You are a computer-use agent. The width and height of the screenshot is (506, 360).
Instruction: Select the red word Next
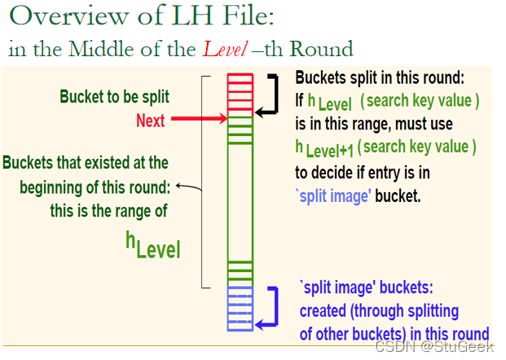coord(150,121)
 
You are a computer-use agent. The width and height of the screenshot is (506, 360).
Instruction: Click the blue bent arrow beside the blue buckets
coord(271,308)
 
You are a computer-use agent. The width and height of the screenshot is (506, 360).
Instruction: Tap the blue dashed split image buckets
coord(240,308)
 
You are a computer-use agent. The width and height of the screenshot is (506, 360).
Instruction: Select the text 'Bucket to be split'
coord(114,97)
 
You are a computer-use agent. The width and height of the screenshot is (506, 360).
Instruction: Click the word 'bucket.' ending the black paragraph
coord(398,196)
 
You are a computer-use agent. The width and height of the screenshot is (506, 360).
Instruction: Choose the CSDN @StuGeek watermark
coord(438,347)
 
